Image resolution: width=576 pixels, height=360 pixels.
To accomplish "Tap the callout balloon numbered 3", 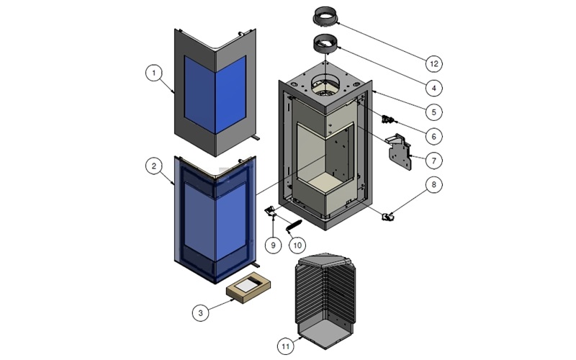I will pyautogui.click(x=201, y=312).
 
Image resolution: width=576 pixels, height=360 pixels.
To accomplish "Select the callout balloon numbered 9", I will pyautogui.click(x=273, y=245).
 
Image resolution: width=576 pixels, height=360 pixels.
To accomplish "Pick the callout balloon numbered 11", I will pyautogui.click(x=286, y=346).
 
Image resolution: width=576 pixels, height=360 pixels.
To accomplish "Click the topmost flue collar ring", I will pyautogui.click(x=328, y=15).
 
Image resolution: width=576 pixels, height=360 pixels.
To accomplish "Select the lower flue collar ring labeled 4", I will pyautogui.click(x=328, y=45).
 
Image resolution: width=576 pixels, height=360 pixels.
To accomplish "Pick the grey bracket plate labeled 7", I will pyautogui.click(x=400, y=153).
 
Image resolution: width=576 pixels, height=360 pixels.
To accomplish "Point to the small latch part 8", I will pyautogui.click(x=389, y=215).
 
